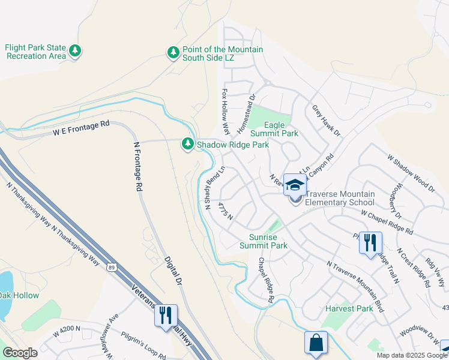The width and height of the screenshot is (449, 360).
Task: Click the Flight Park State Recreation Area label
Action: (35, 52)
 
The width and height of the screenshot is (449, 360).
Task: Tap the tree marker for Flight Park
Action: (75, 51)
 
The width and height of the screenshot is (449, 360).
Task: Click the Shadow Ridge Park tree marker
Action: (188, 144)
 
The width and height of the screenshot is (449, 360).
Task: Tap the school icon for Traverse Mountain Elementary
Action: (295, 185)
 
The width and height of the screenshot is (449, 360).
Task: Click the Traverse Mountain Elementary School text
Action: (340, 198)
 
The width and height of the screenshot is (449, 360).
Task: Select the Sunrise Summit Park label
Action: (264, 241)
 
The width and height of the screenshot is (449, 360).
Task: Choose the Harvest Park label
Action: (349, 308)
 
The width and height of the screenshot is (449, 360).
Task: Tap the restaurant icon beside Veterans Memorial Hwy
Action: (166, 314)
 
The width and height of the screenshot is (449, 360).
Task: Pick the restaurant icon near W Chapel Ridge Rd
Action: (370, 242)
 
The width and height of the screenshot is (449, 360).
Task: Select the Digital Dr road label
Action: (172, 270)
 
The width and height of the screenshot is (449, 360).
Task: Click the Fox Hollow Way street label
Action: (226, 112)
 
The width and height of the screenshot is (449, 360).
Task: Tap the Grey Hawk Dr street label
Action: (326, 121)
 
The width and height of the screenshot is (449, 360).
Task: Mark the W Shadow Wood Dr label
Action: (411, 173)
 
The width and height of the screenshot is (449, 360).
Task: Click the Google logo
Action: (20, 353)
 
